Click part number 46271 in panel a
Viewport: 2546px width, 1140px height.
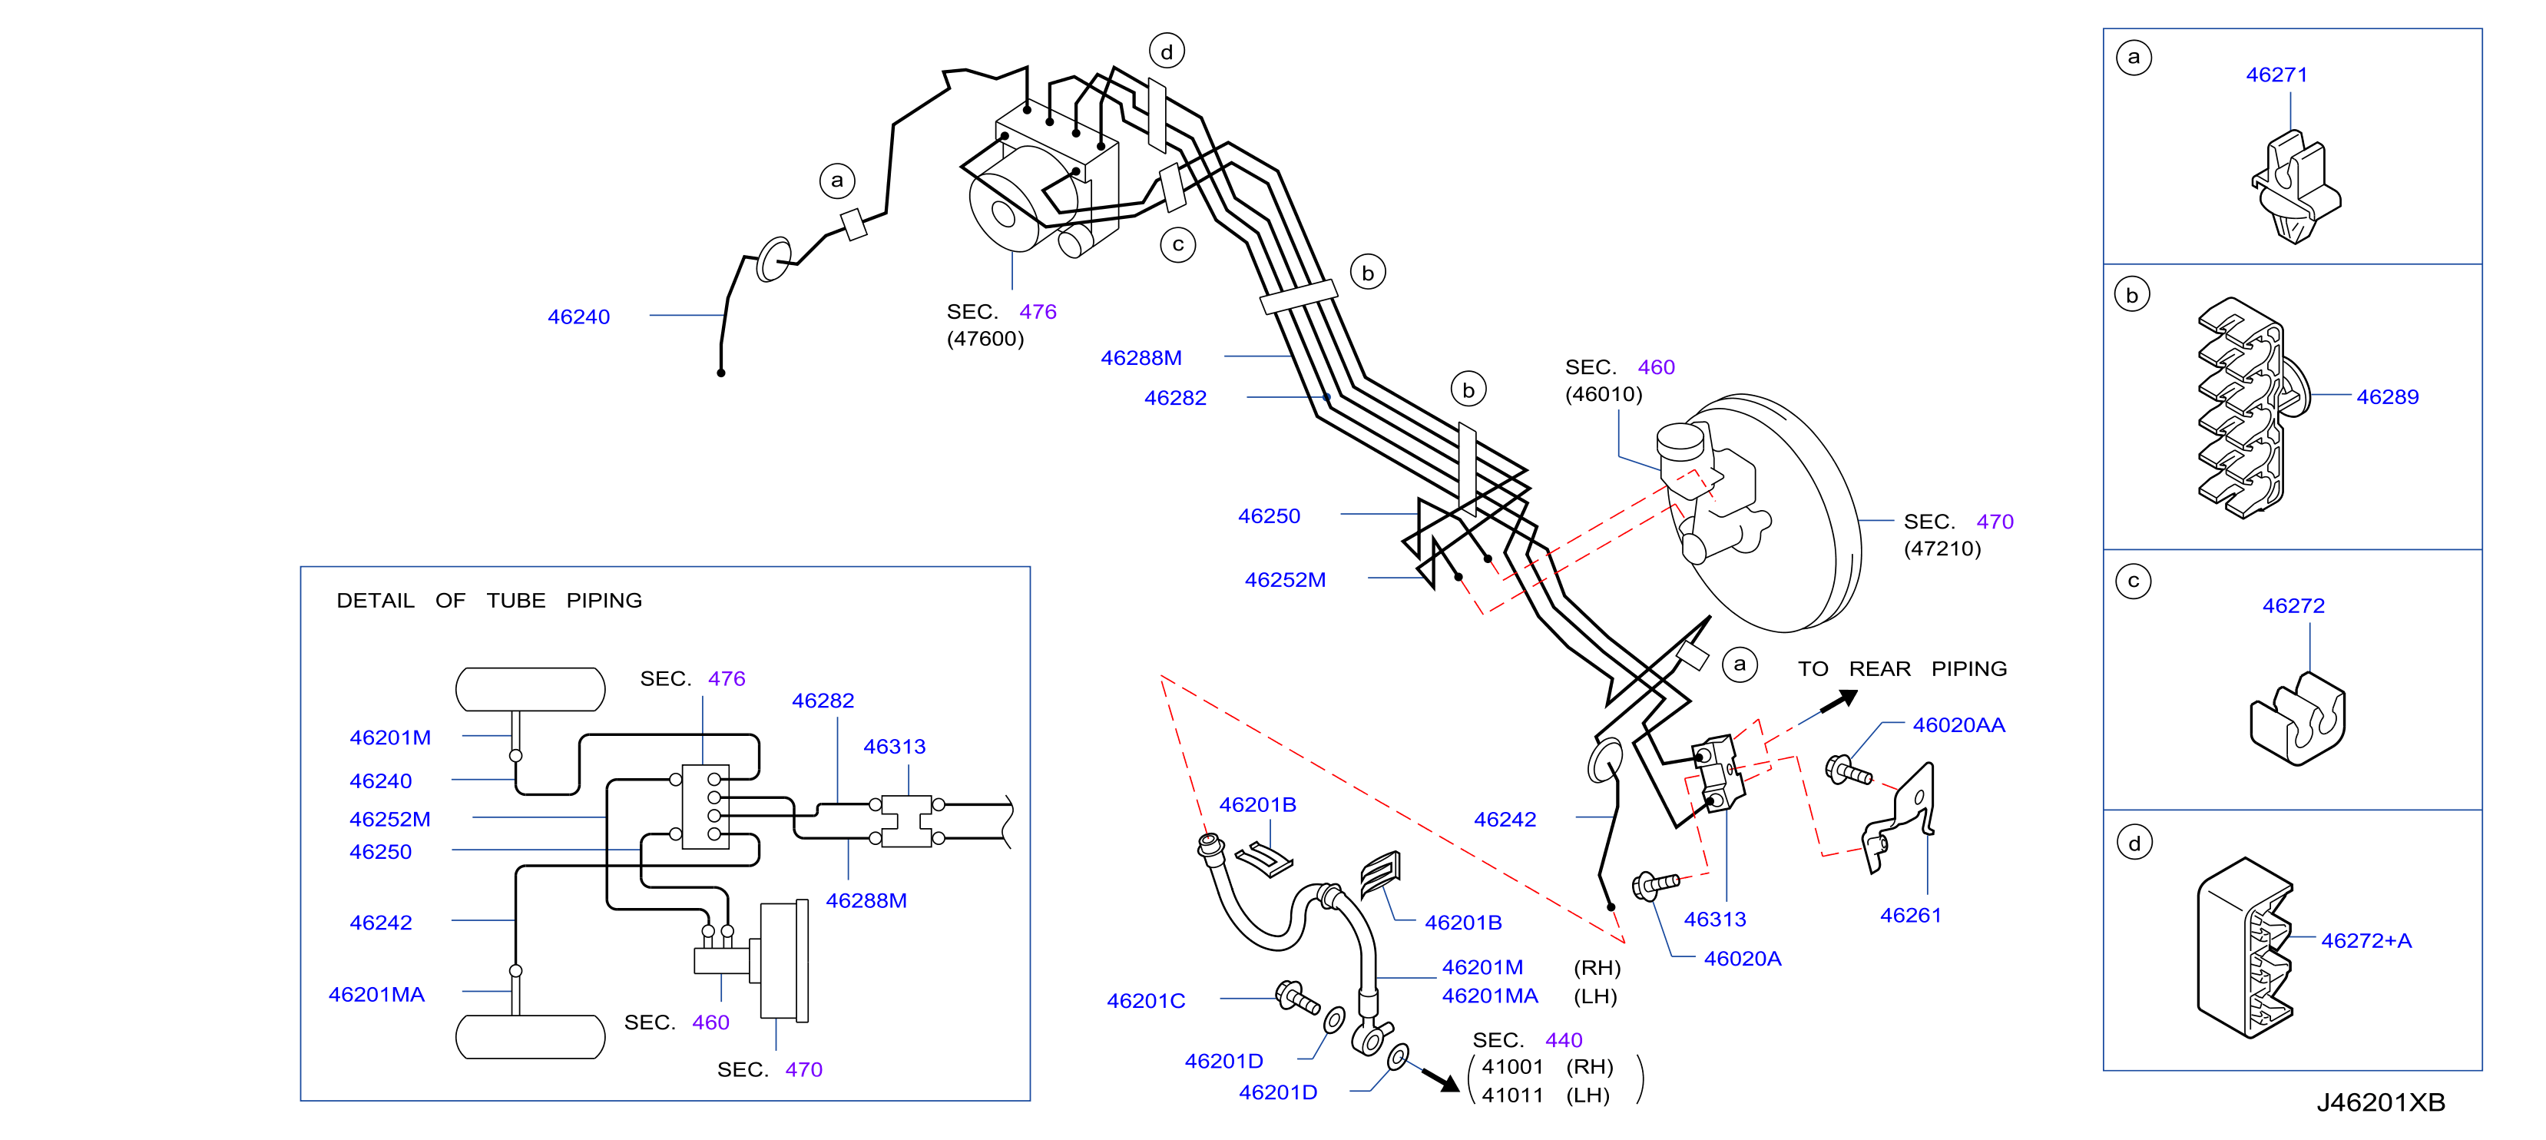pos(2276,75)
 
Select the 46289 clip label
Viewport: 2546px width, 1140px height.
pos(2387,397)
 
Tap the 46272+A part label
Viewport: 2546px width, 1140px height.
pos(2366,941)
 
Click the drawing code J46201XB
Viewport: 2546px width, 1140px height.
pos(2380,1102)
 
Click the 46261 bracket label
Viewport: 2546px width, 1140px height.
pos(1911,916)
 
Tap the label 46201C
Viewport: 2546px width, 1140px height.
pos(1145,1002)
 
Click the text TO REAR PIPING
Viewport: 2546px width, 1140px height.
pos(1902,669)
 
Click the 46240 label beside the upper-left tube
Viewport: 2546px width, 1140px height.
pos(578,317)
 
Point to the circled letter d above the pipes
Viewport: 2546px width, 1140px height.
pos(1167,51)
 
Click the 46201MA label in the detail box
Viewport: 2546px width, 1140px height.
pos(376,996)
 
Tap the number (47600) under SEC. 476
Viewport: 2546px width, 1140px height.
pos(985,339)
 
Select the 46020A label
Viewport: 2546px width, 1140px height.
pos(1743,959)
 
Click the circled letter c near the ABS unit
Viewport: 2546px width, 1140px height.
pos(1177,245)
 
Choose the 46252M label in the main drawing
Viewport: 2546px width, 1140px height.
pos(1285,581)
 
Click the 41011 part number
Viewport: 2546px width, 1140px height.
pos(1512,1095)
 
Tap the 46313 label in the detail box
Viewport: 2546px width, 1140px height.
pos(895,747)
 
